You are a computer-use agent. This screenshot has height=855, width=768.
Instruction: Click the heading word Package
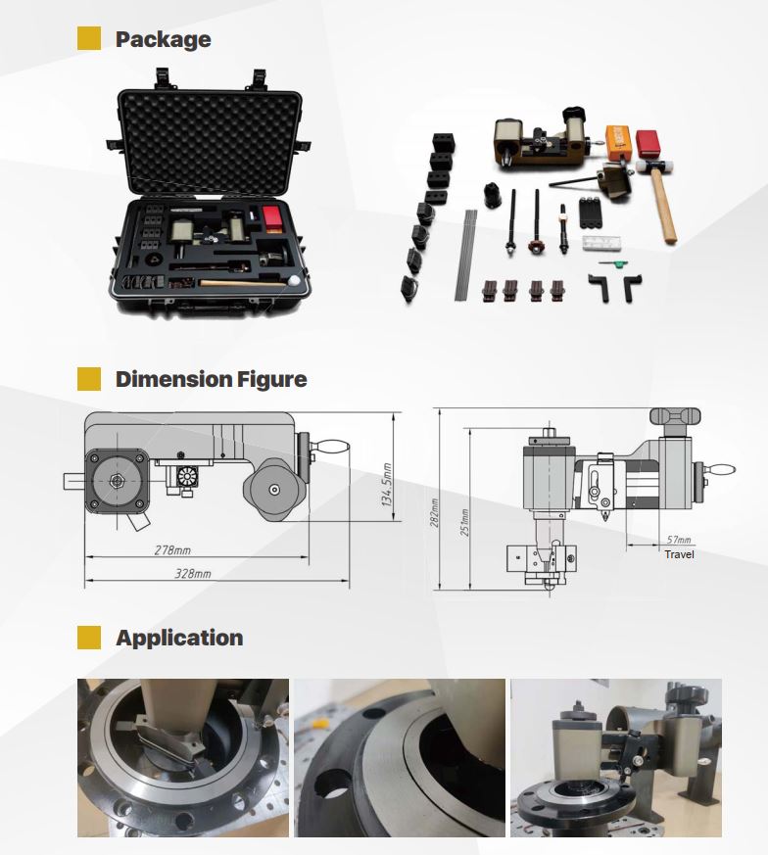[163, 39]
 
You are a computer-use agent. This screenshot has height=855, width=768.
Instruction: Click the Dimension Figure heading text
[211, 379]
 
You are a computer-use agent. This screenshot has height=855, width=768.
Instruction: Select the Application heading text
[179, 638]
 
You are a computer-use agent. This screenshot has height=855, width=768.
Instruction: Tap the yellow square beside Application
[89, 638]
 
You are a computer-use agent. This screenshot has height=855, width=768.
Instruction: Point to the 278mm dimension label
[172, 550]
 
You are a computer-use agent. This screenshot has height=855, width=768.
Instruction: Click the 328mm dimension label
[193, 573]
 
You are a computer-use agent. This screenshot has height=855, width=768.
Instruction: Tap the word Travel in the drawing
[679, 555]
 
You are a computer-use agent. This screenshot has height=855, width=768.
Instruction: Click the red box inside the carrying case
[271, 215]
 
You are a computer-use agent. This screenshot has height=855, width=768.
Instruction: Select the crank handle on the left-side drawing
[329, 449]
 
